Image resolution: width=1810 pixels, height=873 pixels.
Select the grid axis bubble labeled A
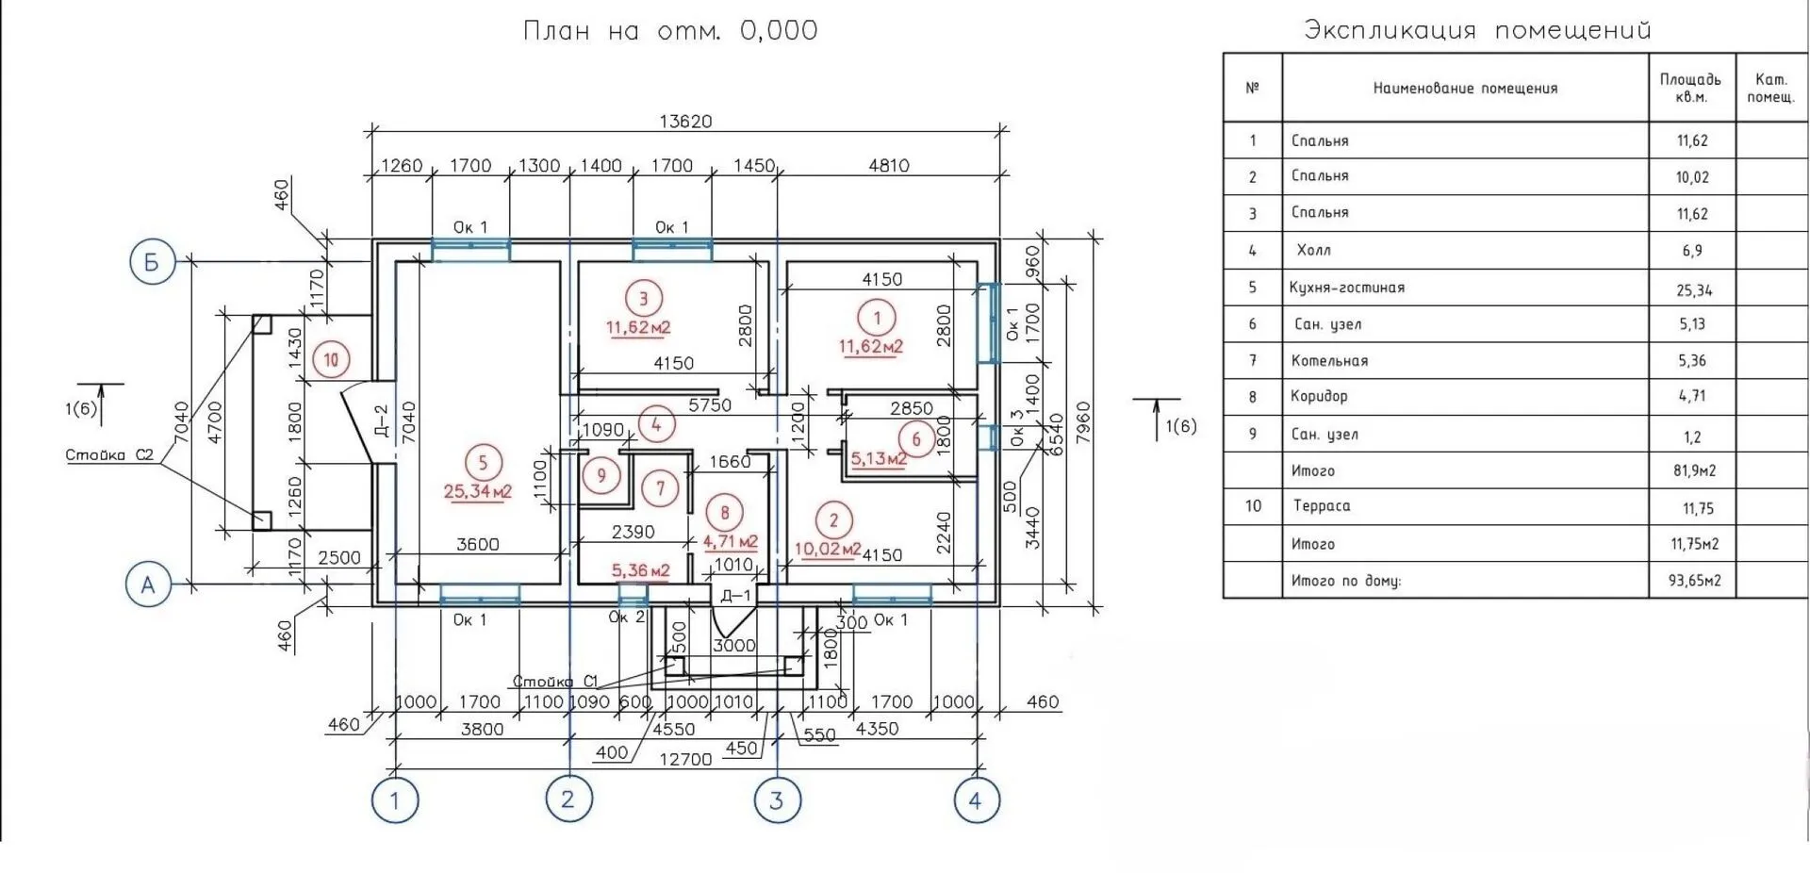point(148,585)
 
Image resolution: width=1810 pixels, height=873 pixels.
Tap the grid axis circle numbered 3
point(777,800)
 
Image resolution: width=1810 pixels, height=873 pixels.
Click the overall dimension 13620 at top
point(685,122)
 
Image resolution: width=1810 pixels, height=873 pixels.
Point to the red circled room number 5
point(483,463)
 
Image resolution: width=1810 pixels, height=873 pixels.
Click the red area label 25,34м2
point(478,491)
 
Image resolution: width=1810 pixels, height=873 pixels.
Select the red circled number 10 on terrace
point(331,359)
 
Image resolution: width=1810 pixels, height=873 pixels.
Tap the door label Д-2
point(381,421)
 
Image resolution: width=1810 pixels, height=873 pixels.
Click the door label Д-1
point(735,596)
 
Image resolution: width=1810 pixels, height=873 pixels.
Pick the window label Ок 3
point(1016,427)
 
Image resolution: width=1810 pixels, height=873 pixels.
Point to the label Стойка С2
point(109,455)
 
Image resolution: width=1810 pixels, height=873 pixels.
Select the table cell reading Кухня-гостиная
point(1347,288)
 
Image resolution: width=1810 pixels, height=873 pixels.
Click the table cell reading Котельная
point(1329,360)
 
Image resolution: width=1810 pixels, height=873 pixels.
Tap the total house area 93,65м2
point(1694,581)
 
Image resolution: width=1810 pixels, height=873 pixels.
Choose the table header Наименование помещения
point(1465,89)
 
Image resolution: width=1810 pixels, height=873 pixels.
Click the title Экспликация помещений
point(1477,30)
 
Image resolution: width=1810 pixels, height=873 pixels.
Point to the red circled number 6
point(915,439)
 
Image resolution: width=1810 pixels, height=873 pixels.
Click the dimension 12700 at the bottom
point(685,760)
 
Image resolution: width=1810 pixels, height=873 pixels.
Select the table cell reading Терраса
point(1322,506)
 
